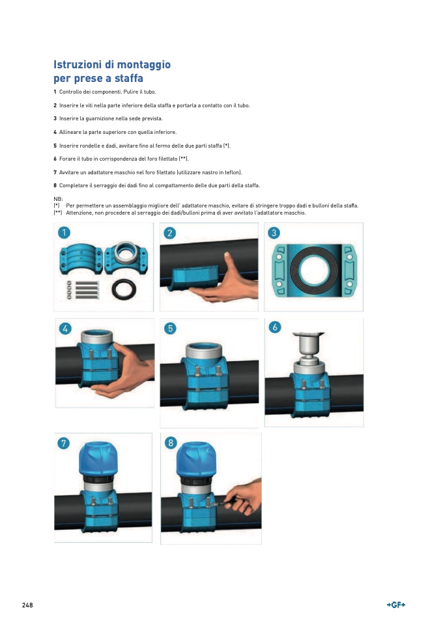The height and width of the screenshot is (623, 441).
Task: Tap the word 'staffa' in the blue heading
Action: [x=128, y=78]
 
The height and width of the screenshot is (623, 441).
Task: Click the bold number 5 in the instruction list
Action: [x=55, y=146]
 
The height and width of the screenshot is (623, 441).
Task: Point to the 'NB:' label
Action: [x=58, y=199]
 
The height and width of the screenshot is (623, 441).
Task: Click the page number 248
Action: [x=27, y=605]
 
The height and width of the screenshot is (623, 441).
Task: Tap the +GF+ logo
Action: [x=395, y=605]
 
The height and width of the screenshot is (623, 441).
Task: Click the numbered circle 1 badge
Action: [x=64, y=232]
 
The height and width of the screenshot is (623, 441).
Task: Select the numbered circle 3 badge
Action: [x=274, y=233]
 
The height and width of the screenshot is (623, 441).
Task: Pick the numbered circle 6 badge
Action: [x=275, y=327]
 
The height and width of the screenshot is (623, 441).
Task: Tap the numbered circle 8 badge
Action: [x=171, y=443]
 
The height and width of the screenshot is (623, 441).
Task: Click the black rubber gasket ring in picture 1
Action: [x=124, y=289]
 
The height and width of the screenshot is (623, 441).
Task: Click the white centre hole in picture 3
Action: [x=314, y=270]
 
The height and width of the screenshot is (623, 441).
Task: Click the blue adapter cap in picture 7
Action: [x=98, y=458]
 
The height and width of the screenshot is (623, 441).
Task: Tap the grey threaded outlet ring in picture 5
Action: [x=204, y=351]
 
